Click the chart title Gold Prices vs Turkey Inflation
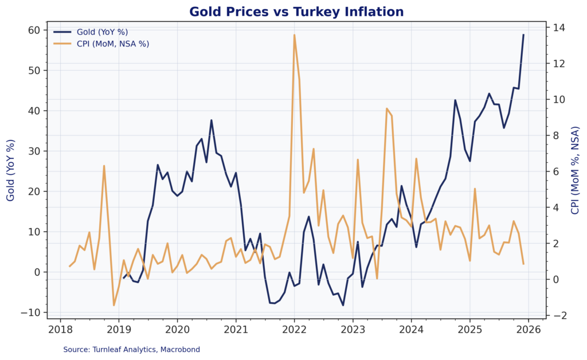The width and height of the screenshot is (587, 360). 296,11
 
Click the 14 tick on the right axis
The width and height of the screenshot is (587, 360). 556,28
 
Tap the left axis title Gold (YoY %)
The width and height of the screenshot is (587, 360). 11,170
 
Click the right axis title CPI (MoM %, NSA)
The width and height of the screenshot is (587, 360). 575,170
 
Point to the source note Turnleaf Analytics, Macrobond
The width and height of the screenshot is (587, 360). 131,349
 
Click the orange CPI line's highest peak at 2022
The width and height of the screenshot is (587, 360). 294,35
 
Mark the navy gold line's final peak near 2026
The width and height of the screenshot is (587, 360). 523,35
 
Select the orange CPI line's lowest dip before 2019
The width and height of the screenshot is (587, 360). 114,305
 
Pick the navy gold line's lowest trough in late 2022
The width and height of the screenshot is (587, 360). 343,305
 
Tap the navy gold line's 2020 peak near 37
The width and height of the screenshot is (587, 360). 212,120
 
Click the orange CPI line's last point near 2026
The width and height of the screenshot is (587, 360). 523,264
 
